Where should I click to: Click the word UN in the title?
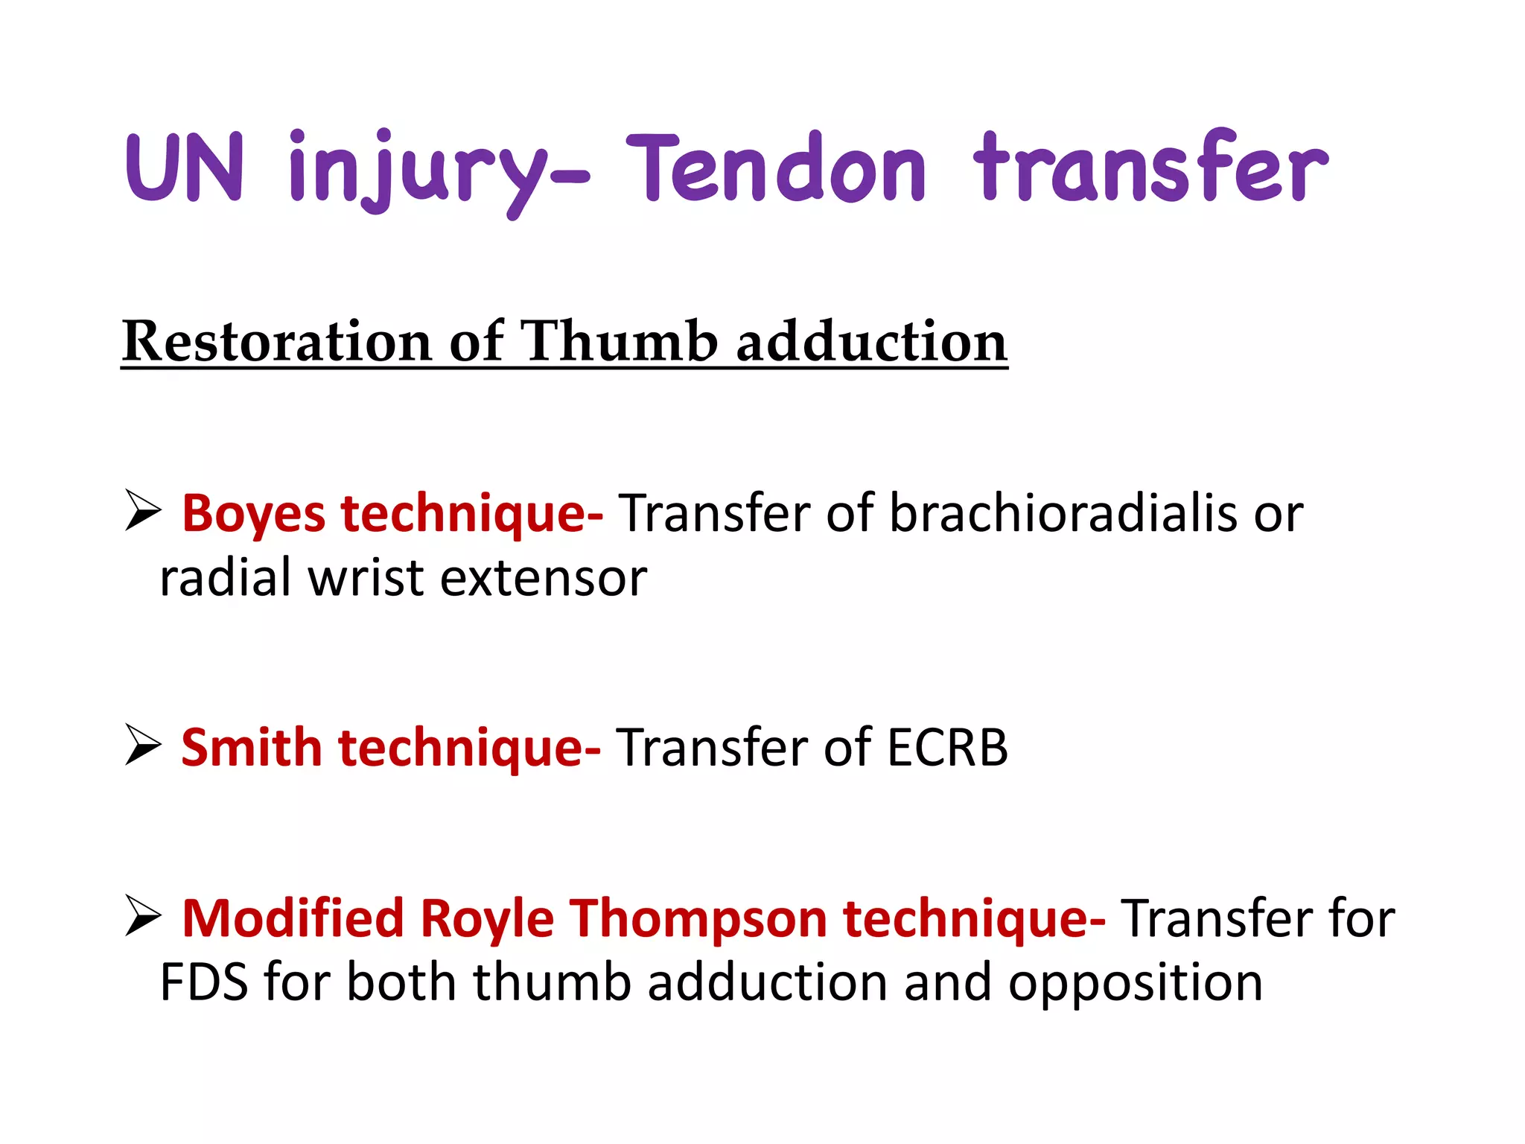click(185, 168)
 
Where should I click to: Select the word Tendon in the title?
click(775, 168)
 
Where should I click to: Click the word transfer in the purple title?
click(1150, 168)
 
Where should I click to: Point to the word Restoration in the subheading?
click(276, 342)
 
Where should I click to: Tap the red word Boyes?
click(254, 514)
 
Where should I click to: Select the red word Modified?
click(293, 918)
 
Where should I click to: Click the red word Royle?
click(487, 919)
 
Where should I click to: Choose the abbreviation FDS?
click(204, 982)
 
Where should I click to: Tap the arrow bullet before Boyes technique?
click(143, 511)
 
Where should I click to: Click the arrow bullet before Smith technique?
click(143, 745)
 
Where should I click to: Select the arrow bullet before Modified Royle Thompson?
click(143, 915)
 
